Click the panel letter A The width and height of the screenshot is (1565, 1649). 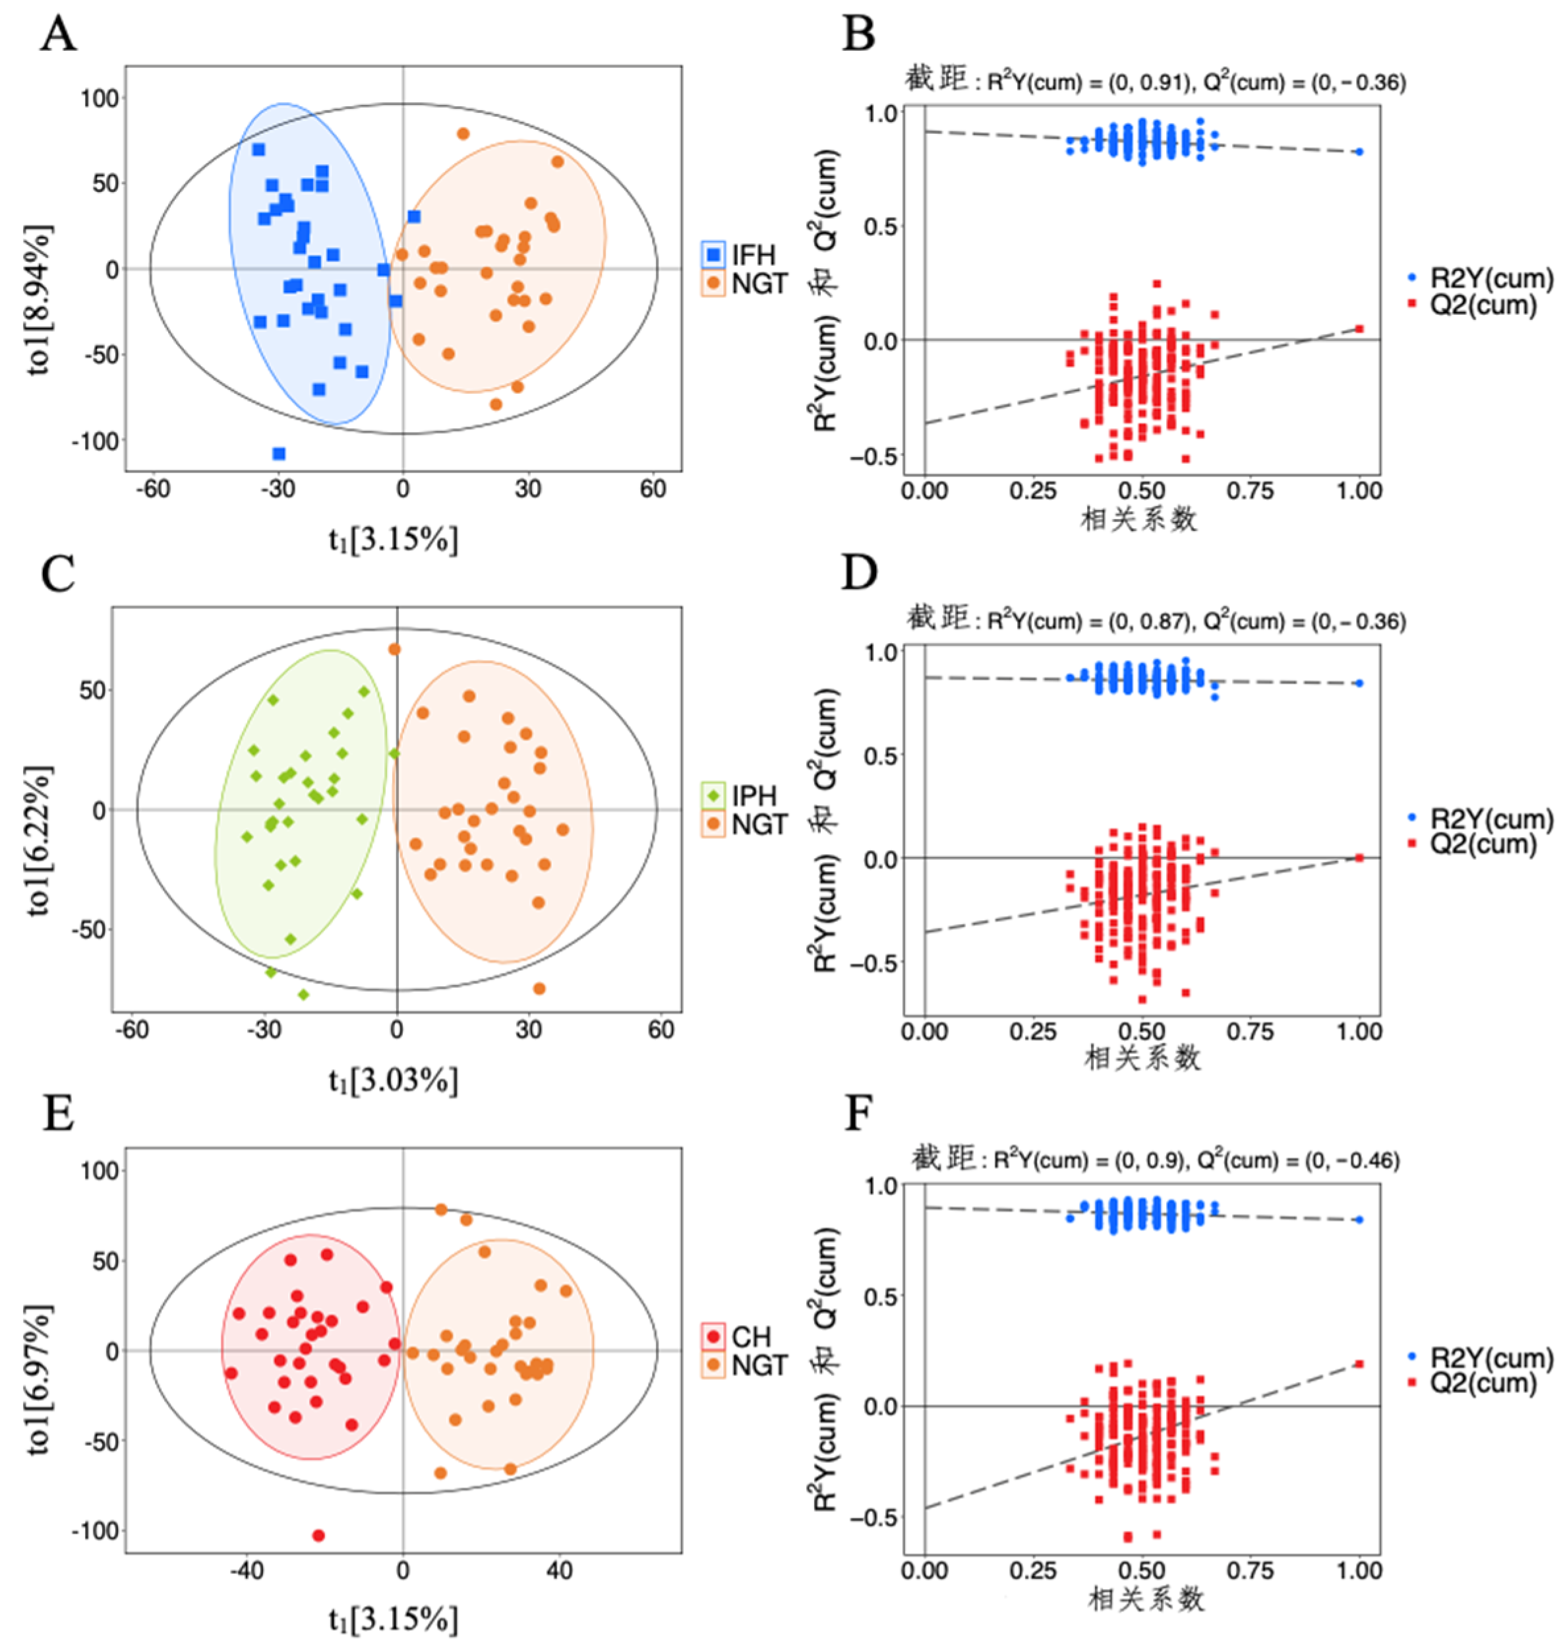point(59,35)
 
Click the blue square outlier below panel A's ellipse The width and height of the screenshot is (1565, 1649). point(279,454)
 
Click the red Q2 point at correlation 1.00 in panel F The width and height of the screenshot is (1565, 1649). point(1359,1363)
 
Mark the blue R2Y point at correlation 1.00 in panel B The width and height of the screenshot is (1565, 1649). point(1359,152)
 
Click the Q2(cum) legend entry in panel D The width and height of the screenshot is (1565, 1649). point(1473,844)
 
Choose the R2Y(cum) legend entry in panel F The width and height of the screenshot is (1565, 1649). point(1481,1357)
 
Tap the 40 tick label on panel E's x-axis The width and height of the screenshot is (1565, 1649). point(560,1571)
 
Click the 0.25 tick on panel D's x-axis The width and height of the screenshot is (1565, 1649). point(1033,1032)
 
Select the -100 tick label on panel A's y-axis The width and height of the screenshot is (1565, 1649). point(95,441)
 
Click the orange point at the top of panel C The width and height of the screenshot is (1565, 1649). point(395,649)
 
